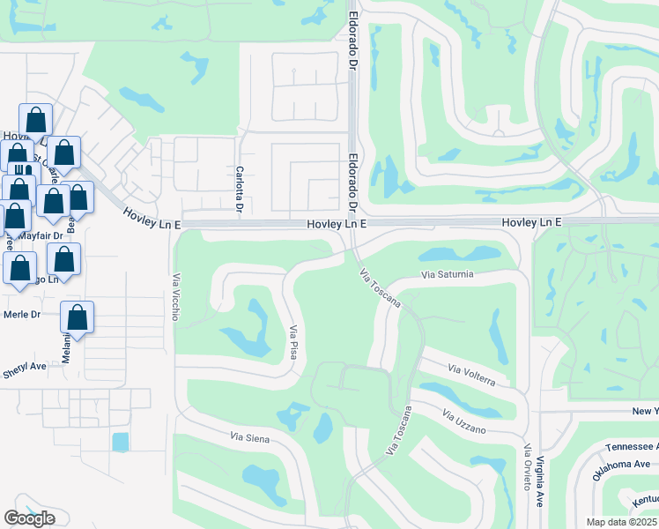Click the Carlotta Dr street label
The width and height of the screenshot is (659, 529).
click(239, 189)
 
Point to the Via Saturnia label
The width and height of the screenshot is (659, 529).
click(448, 275)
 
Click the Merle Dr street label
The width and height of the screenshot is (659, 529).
click(23, 314)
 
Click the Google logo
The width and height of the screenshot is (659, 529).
click(29, 518)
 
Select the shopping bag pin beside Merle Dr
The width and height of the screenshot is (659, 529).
click(77, 319)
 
